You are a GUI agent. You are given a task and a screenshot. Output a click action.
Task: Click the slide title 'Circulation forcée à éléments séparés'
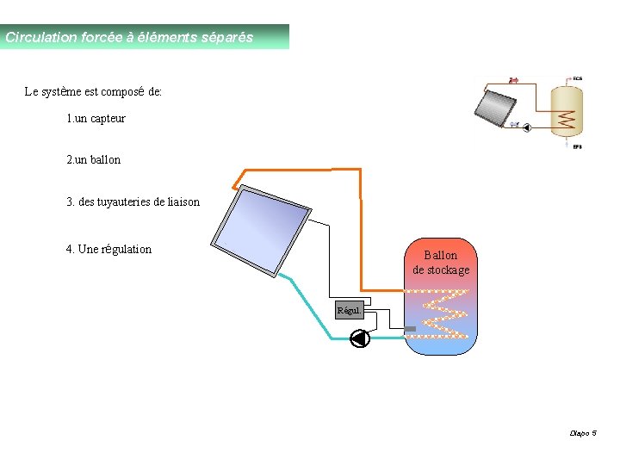coord(129,38)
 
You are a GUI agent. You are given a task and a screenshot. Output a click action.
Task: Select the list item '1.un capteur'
coord(96,118)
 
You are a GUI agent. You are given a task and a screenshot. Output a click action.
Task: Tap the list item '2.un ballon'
coord(93,159)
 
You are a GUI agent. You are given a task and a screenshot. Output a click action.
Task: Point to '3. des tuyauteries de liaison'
coord(133,202)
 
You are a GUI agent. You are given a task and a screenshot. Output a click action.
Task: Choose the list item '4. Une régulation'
coord(108,250)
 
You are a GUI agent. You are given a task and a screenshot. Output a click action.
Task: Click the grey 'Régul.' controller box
coord(349,310)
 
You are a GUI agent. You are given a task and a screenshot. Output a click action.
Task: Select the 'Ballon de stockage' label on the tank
coord(441,263)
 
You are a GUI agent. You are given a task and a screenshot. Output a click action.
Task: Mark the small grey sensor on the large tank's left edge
coord(410,329)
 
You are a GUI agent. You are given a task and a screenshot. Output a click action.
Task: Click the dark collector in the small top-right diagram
coord(496,108)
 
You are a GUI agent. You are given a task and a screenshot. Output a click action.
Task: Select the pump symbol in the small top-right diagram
coord(526,126)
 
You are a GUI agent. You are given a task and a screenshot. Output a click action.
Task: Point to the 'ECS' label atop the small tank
coord(577,78)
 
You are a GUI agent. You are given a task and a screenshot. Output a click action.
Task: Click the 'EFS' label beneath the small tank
coord(577,146)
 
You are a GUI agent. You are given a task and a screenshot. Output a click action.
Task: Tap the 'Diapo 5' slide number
coord(583,433)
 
